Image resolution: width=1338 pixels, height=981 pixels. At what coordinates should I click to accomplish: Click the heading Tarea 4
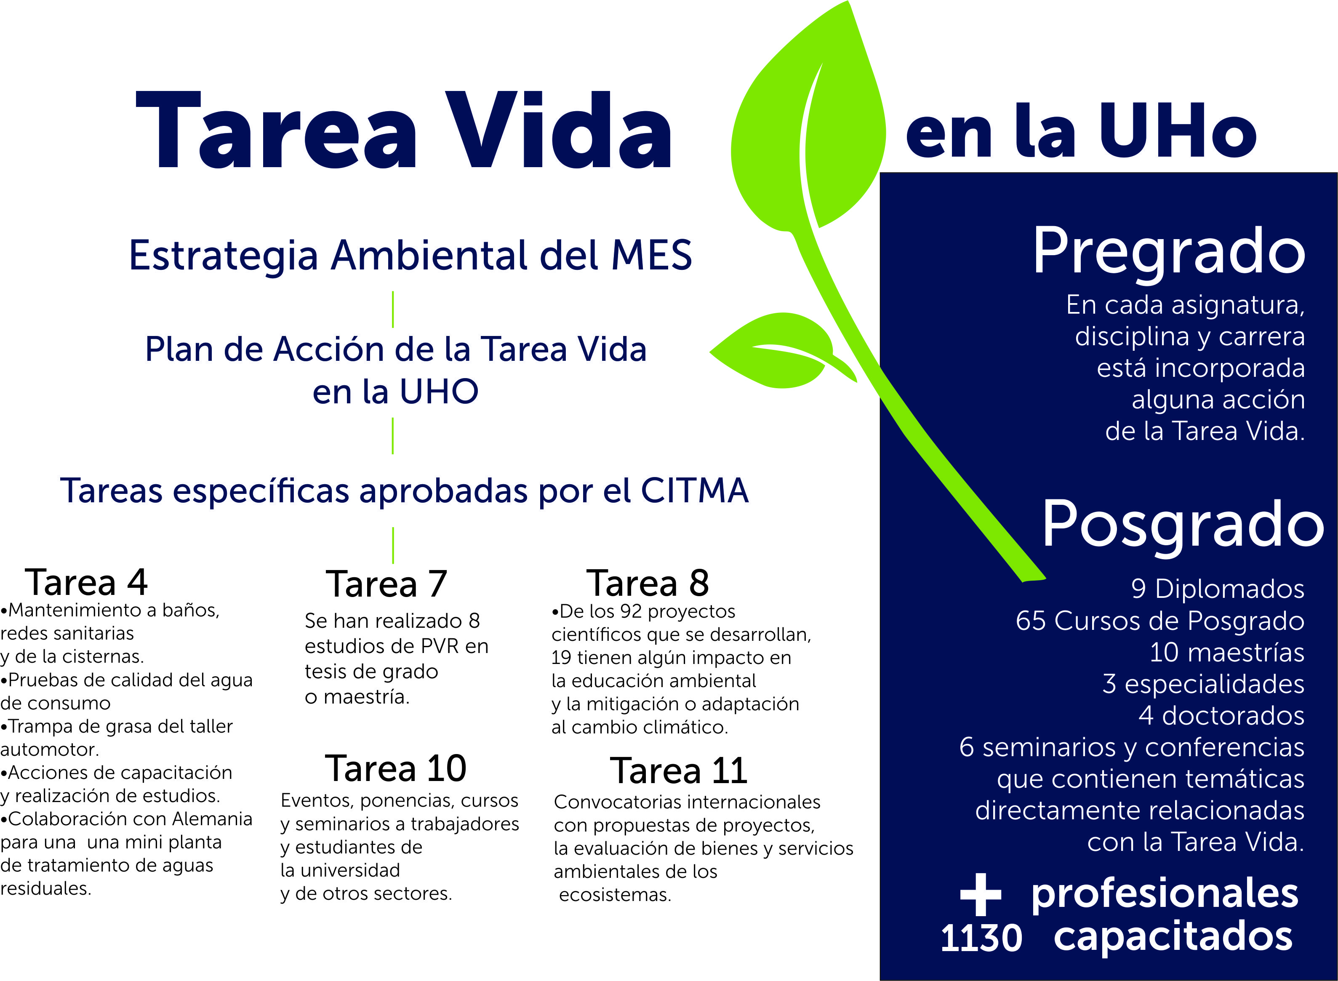[86, 583]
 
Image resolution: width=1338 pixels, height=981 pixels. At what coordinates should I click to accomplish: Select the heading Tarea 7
[386, 584]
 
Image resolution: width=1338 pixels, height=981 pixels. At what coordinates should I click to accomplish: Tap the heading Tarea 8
[648, 583]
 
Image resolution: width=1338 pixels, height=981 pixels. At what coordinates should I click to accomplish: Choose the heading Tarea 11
[678, 771]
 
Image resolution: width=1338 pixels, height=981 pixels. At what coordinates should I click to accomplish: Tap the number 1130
[981, 939]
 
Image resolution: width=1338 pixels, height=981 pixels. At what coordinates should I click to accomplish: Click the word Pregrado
[1169, 252]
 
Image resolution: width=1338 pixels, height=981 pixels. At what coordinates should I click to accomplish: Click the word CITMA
[694, 491]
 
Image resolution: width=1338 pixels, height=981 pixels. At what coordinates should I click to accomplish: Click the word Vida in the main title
[558, 131]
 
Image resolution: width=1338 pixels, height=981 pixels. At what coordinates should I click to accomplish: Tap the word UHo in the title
[1177, 132]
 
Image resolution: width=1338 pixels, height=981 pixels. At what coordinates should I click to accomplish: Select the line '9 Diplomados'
[1218, 589]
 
